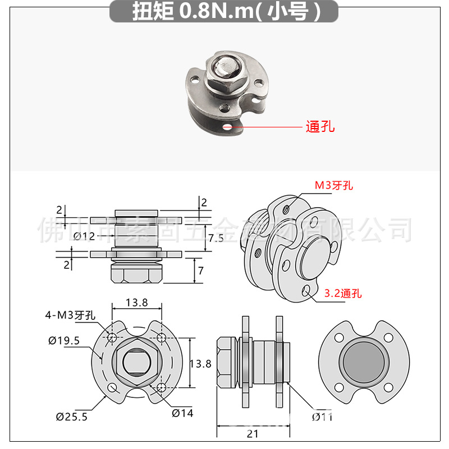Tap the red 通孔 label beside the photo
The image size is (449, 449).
(x=320, y=127)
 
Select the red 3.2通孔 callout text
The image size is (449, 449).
(x=343, y=293)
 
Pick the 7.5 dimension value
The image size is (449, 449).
(x=216, y=237)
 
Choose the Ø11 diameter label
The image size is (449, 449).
(x=322, y=416)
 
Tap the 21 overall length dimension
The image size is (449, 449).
(x=253, y=433)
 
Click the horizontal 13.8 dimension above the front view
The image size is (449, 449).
(x=137, y=303)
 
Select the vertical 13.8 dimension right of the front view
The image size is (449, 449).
(x=200, y=364)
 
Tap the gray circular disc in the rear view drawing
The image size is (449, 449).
(x=362, y=364)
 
